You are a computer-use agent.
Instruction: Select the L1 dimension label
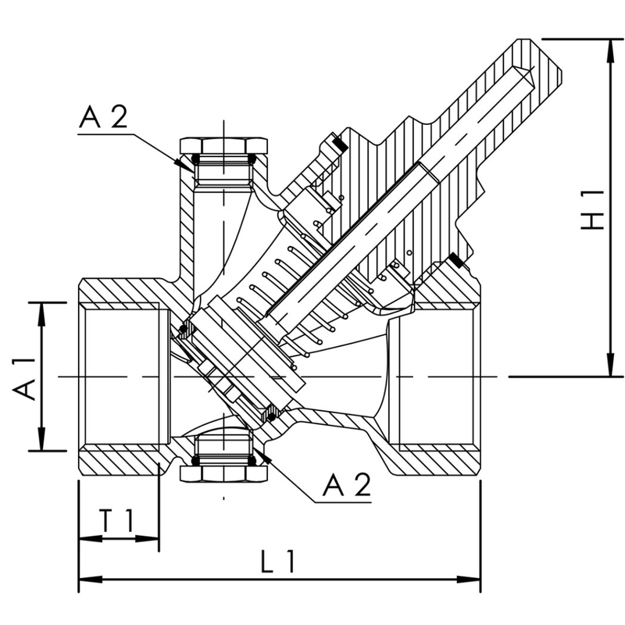pos(277,561)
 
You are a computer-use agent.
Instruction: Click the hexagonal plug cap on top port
pos(223,145)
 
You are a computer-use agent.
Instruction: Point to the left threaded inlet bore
pos(121,377)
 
